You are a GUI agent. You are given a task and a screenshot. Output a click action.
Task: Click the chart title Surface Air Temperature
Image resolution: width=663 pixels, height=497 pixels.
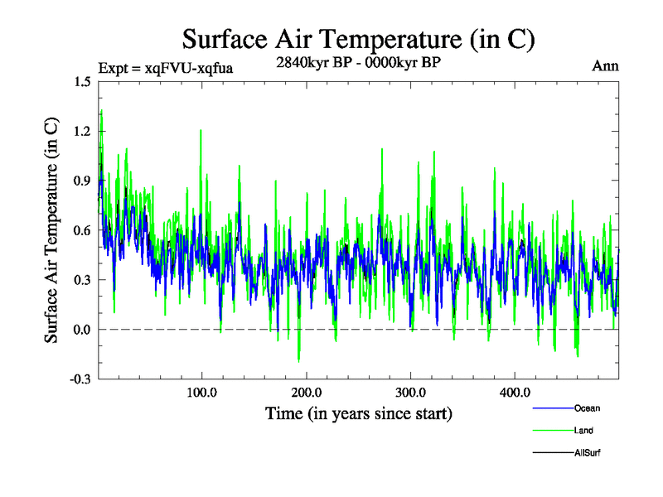click(x=359, y=39)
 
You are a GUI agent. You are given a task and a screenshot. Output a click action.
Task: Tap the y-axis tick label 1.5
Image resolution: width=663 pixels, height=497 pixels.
click(x=82, y=81)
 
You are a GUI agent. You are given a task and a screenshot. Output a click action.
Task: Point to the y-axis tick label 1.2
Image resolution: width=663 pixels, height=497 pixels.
click(x=82, y=131)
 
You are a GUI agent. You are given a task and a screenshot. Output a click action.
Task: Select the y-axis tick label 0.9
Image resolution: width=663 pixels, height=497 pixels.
click(x=82, y=181)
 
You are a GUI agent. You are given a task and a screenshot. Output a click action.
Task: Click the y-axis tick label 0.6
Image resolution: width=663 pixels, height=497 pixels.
click(x=82, y=230)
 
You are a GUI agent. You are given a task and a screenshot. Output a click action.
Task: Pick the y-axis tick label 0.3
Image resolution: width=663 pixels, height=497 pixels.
click(x=82, y=280)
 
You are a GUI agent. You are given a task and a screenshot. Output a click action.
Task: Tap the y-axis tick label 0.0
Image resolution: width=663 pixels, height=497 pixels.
click(x=82, y=330)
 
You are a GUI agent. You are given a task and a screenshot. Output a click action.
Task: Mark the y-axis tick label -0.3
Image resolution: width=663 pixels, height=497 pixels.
click(x=80, y=379)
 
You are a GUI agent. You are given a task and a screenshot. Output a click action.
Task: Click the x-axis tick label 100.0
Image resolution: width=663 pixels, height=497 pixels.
click(x=201, y=392)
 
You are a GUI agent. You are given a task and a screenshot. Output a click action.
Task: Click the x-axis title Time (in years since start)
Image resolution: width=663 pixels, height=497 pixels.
click(x=359, y=413)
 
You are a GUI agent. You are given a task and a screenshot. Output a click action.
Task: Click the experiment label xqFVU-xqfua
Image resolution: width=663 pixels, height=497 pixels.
click(x=165, y=68)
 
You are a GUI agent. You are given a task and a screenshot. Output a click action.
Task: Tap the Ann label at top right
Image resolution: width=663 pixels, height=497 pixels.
click(x=605, y=66)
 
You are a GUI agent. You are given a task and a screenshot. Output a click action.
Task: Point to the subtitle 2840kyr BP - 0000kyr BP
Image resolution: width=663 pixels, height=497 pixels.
click(x=358, y=61)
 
